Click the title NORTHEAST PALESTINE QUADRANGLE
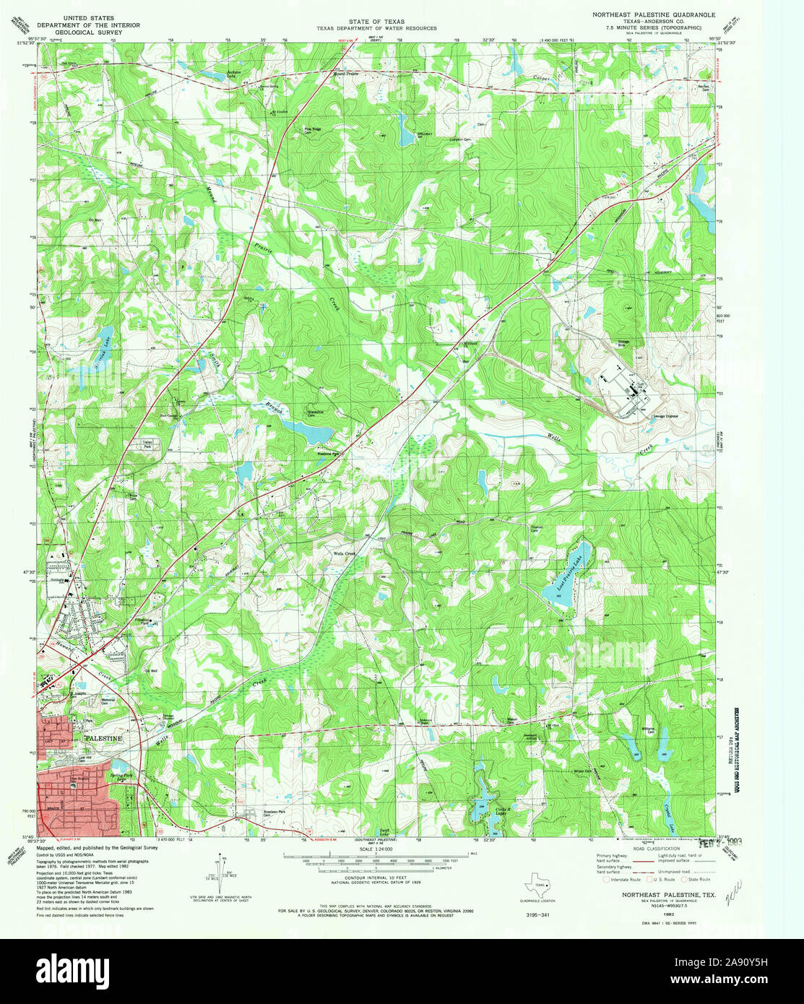[x=654, y=14]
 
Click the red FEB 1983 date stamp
[x=719, y=842]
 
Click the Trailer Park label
[x=151, y=445]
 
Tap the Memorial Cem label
[x=108, y=701]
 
